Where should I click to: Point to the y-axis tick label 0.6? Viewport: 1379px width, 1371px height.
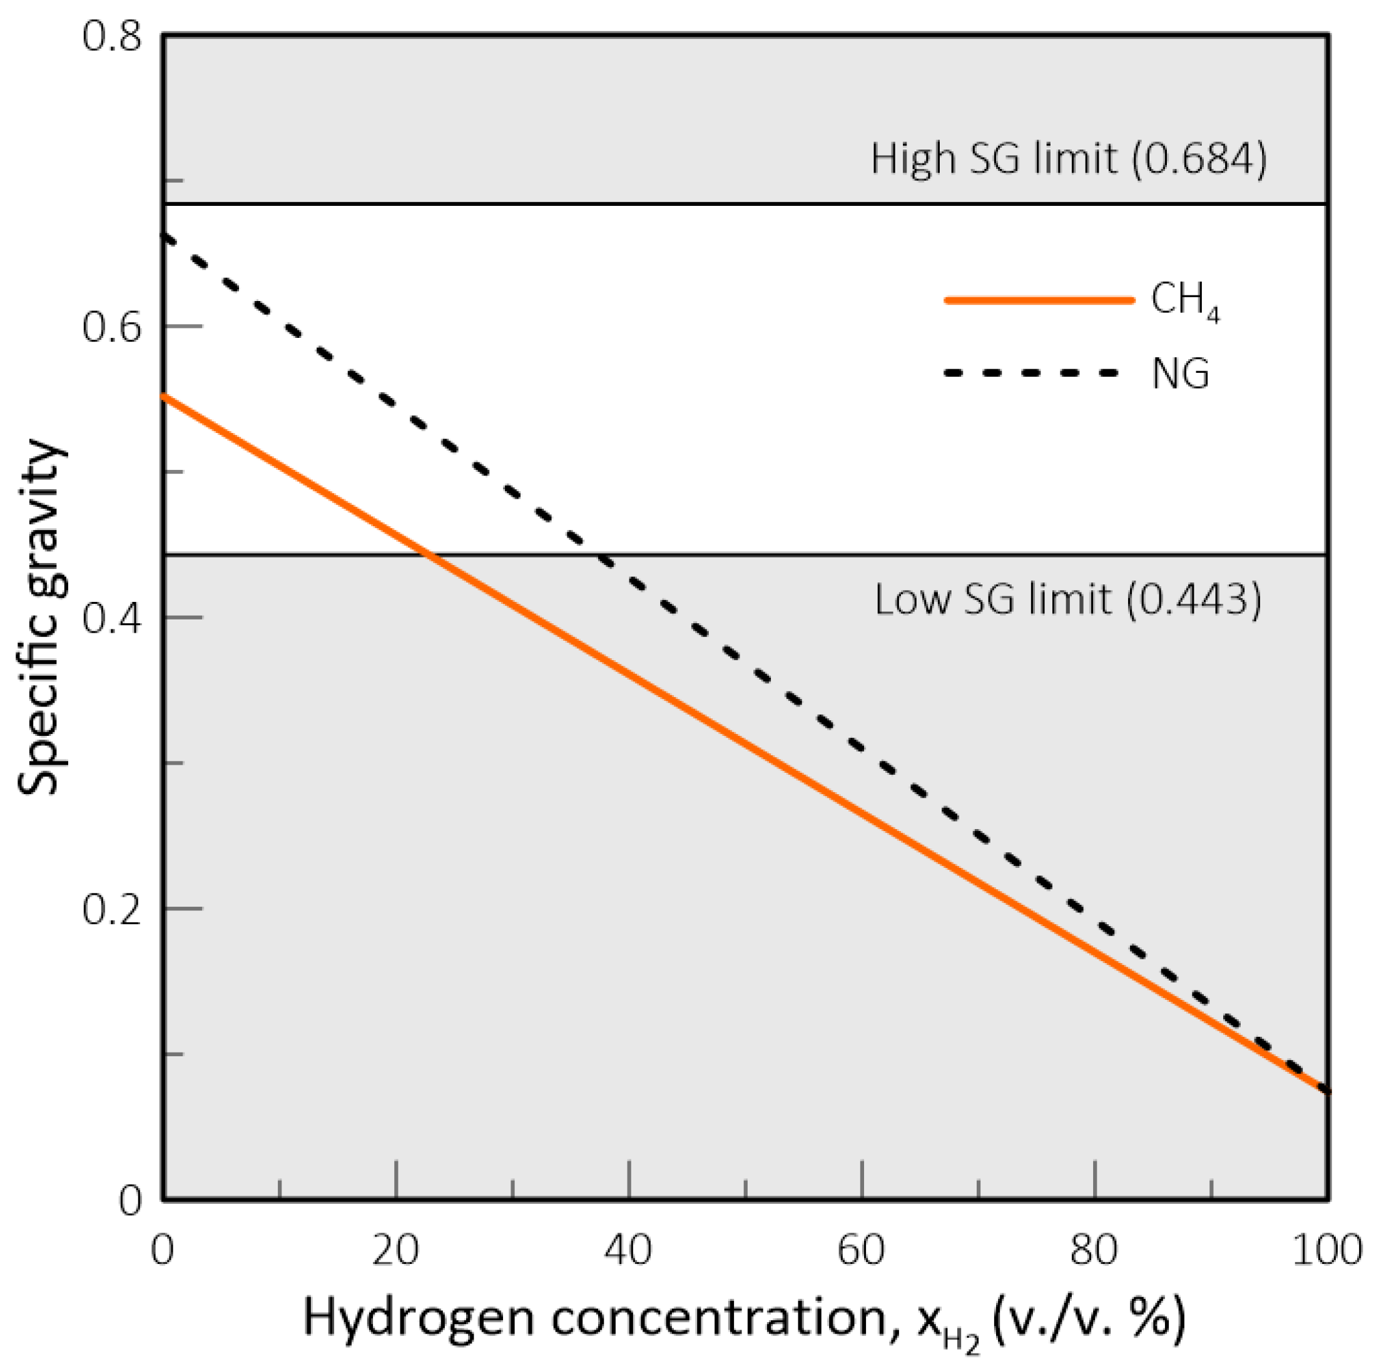pos(111,328)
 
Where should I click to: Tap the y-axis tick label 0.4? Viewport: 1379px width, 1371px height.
pos(111,618)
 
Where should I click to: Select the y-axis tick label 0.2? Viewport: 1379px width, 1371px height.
pos(111,909)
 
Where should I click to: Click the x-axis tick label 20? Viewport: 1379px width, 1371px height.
pos(395,1250)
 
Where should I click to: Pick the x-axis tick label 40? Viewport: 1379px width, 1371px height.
pos(629,1250)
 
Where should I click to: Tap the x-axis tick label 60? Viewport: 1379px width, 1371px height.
pos(862,1250)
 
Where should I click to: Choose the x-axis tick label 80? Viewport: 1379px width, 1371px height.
pos(1094,1250)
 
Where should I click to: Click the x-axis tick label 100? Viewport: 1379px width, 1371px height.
pos(1326,1250)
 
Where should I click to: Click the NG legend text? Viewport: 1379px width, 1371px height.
pos(1180,374)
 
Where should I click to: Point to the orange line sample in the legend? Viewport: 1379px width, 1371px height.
pos(1039,300)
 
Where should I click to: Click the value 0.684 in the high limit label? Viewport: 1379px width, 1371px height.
pos(1199,158)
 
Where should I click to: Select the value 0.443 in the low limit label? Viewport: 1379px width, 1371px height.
pos(1194,599)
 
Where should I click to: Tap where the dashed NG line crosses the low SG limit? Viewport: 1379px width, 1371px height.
pos(601,554)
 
